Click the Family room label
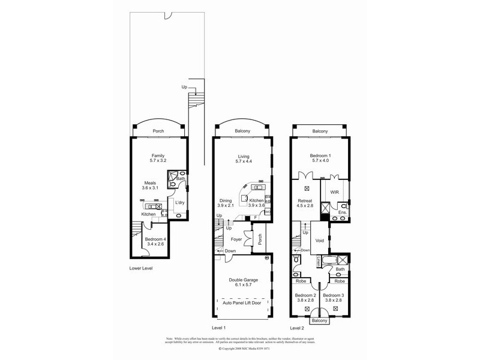tap(158, 155)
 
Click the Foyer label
tap(236, 238)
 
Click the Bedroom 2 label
tap(306, 295)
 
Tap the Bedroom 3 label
tap(334, 295)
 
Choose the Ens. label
tap(342, 213)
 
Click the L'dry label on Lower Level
tap(179, 202)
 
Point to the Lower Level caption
tap(141, 268)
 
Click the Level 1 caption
tap(218, 328)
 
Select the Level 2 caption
tap(297, 328)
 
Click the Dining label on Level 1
tap(226, 200)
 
